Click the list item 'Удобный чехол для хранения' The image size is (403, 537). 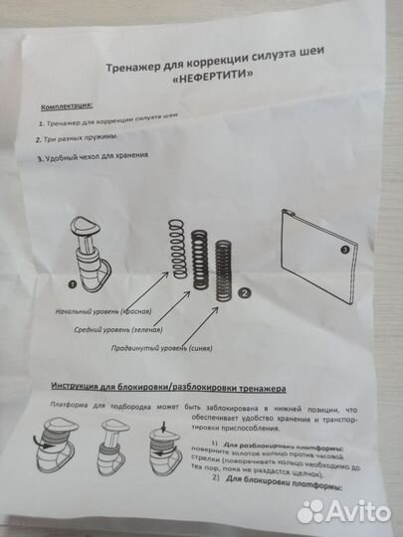pos(95,158)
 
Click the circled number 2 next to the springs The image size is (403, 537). pos(245,294)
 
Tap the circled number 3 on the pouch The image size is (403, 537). pos(344,250)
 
